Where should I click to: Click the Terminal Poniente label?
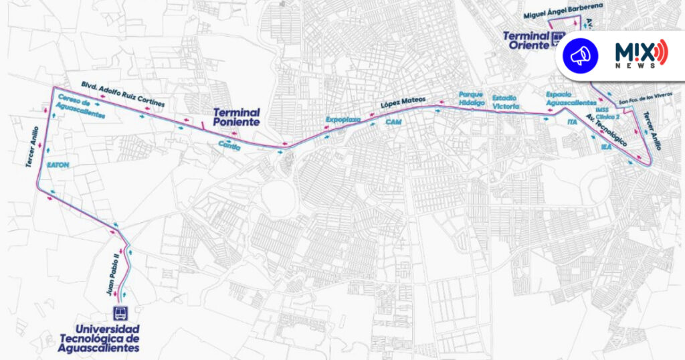click(x=236, y=118)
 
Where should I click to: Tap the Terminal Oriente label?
click(x=526, y=40)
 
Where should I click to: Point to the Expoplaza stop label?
click(x=342, y=118)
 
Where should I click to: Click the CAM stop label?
click(x=393, y=122)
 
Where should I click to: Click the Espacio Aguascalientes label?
click(x=571, y=98)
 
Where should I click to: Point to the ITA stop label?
click(x=571, y=122)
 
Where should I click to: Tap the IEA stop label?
click(x=607, y=146)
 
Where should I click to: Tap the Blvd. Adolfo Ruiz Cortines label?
click(x=122, y=94)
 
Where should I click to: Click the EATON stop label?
click(x=58, y=164)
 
